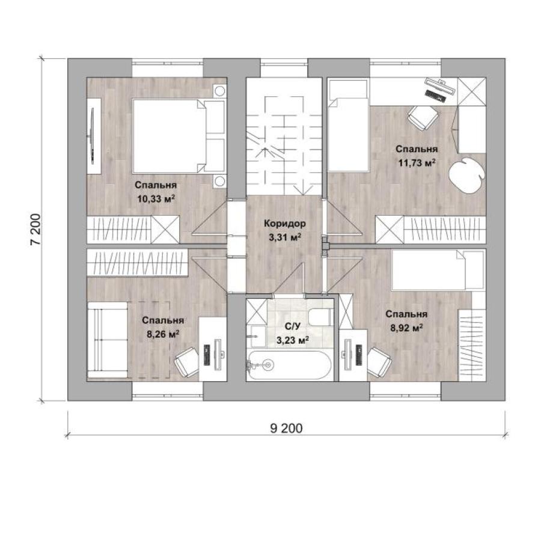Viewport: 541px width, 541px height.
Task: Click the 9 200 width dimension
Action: click(286, 428)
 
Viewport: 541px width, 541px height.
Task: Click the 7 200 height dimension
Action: click(35, 230)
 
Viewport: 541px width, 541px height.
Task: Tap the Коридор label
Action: click(285, 224)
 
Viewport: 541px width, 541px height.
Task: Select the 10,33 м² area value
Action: click(156, 199)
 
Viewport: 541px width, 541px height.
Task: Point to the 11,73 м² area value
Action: click(417, 162)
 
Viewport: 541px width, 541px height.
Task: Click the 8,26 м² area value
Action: click(163, 334)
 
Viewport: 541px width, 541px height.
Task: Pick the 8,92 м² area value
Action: click(407, 328)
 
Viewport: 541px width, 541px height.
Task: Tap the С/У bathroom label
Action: click(293, 326)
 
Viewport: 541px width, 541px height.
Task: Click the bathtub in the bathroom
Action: click(289, 365)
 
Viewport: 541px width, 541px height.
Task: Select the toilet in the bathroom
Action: click(320, 317)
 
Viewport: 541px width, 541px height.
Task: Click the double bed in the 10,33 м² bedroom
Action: click(179, 136)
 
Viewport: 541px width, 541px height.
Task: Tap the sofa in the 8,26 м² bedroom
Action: click(108, 340)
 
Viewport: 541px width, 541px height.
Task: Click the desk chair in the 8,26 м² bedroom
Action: click(186, 362)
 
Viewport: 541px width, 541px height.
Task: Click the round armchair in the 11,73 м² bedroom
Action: click(466, 176)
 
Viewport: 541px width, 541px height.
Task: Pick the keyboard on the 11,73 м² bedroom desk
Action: click(436, 95)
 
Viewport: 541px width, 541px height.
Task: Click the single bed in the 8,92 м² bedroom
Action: click(438, 270)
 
